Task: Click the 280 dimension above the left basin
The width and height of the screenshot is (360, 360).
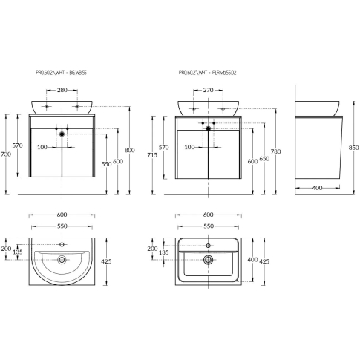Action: point(62,90)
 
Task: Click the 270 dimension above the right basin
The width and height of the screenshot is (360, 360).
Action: point(208,90)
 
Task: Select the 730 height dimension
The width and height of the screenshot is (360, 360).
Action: point(6,154)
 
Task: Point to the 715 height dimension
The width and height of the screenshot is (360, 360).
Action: point(152,155)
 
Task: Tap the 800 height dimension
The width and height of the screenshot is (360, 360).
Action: point(129,150)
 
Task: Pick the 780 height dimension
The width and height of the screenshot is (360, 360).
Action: point(276,151)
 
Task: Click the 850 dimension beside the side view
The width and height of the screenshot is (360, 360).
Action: point(353,148)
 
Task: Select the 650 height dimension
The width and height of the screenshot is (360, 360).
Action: point(264,158)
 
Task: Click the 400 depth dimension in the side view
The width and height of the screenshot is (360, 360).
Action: point(317,188)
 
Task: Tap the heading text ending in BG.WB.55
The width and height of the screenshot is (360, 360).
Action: point(62,73)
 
